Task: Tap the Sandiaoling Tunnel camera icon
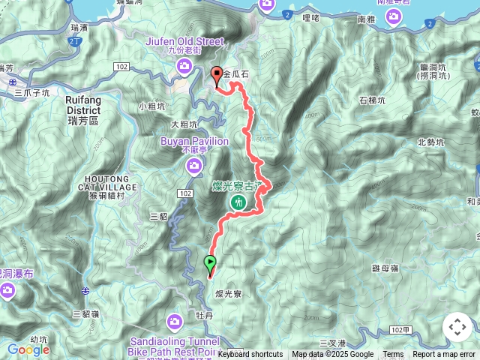click(x=174, y=322)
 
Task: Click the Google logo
click(x=28, y=349)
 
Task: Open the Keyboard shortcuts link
click(x=250, y=355)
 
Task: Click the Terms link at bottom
click(x=393, y=355)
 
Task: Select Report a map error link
click(x=444, y=355)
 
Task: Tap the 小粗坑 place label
click(x=152, y=106)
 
